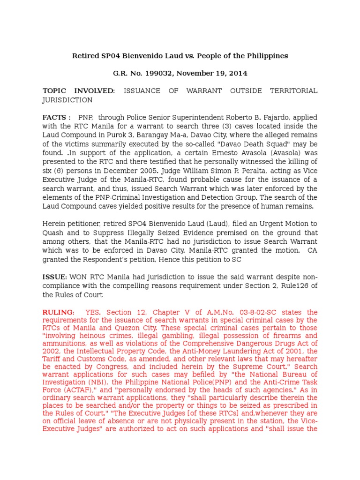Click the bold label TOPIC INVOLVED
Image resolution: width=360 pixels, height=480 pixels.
point(78,91)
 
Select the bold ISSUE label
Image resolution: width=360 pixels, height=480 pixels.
point(55,277)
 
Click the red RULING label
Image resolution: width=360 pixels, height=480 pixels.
point(58,312)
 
